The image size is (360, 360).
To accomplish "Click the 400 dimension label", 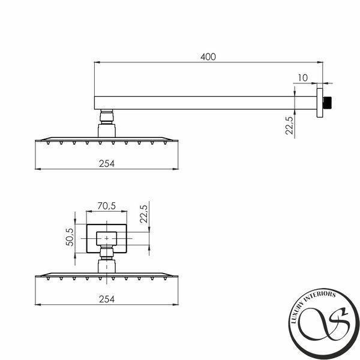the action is (208, 57).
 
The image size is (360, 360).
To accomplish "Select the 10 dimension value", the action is (302, 78).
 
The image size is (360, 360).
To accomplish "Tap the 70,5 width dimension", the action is (107, 206).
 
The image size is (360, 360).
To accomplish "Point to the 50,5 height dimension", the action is (70, 237).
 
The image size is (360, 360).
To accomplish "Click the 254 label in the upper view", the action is (107, 163).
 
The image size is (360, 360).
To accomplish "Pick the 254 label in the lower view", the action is (107, 299).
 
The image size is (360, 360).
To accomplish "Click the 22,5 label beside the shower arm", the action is (289, 125).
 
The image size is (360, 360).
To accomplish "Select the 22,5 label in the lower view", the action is (144, 214).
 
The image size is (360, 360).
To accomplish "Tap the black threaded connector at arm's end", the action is (327, 103).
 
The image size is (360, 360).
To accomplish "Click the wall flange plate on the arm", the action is (320, 103).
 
